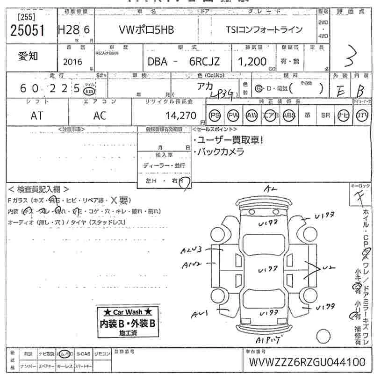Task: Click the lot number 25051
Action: (x=27, y=31)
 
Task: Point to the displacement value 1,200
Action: (x=252, y=61)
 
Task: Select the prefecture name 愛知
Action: (x=28, y=56)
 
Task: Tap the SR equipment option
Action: (x=325, y=115)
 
